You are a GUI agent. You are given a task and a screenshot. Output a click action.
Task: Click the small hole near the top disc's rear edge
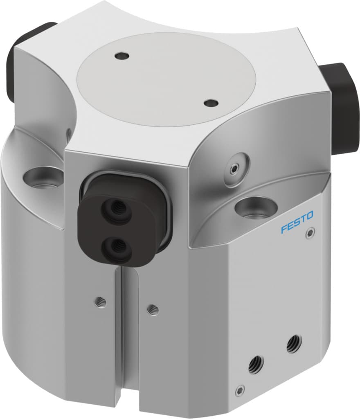121,55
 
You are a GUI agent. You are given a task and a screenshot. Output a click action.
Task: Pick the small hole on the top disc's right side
211,103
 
